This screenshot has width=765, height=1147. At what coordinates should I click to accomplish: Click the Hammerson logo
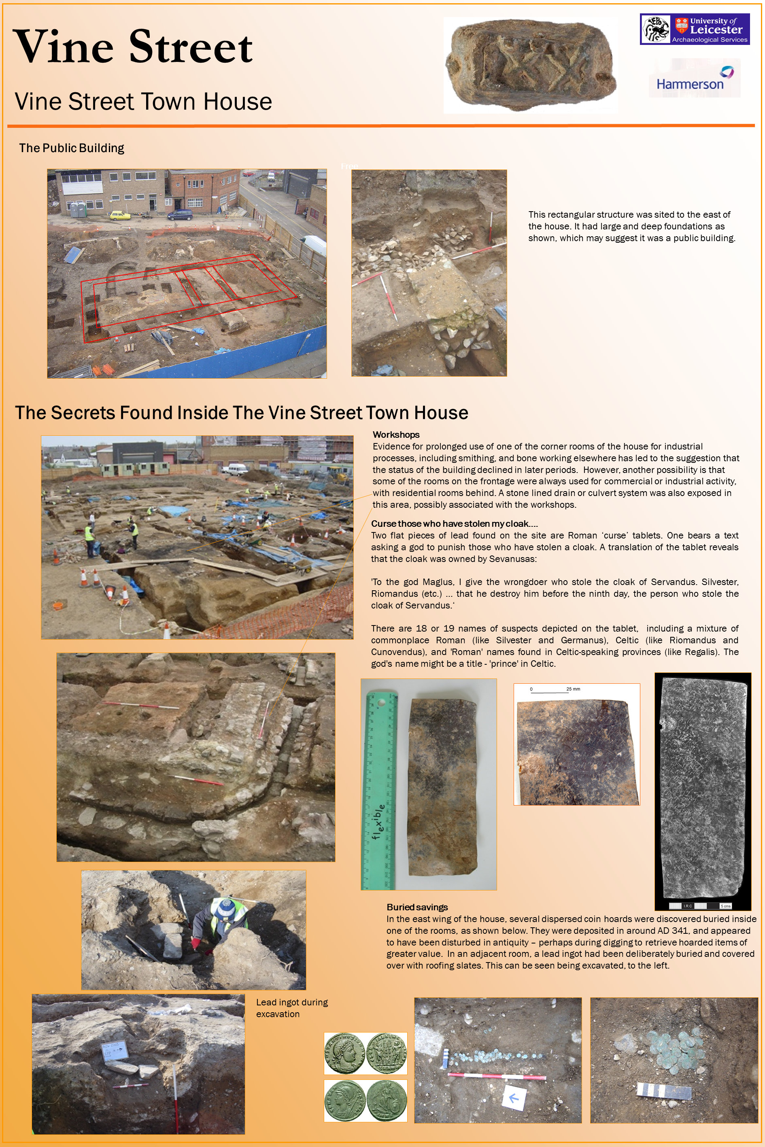tap(694, 78)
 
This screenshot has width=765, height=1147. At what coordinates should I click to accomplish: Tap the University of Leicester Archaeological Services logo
tap(694, 29)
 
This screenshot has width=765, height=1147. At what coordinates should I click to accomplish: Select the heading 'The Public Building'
tap(72, 148)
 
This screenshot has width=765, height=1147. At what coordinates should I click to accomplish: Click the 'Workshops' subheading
tap(396, 435)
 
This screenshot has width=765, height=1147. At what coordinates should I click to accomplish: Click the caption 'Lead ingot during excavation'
tap(291, 1008)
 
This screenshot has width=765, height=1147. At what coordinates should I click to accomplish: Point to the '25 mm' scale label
tap(573, 689)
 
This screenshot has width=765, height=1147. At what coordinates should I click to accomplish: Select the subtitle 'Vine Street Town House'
tap(143, 102)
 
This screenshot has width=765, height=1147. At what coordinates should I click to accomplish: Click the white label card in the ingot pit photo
tap(115, 1049)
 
